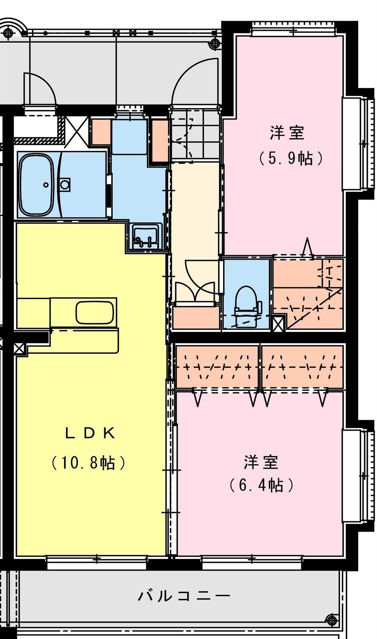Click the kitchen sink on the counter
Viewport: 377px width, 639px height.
[94, 312]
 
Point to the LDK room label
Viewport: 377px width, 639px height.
[90, 433]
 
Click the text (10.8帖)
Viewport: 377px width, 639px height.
[88, 463]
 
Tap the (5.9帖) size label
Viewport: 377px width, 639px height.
[291, 158]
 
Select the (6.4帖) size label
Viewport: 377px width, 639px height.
[261, 485]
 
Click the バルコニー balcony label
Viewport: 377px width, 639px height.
[184, 595]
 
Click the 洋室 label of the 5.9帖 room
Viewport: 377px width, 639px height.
[287, 133]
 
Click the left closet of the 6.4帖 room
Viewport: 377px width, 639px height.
[217, 367]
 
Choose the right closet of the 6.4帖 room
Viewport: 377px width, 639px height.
[302, 367]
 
